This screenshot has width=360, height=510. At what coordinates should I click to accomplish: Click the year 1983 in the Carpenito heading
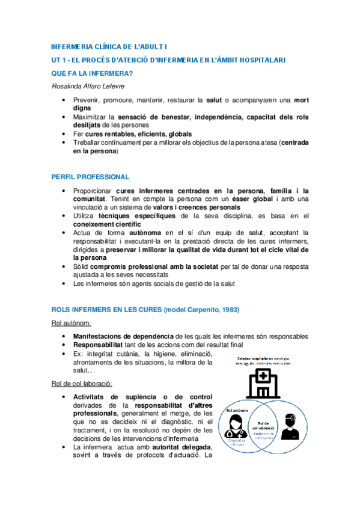228,310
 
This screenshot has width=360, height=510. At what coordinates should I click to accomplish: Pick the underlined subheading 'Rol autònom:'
71,323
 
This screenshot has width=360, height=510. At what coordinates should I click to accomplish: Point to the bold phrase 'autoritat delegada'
177,447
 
